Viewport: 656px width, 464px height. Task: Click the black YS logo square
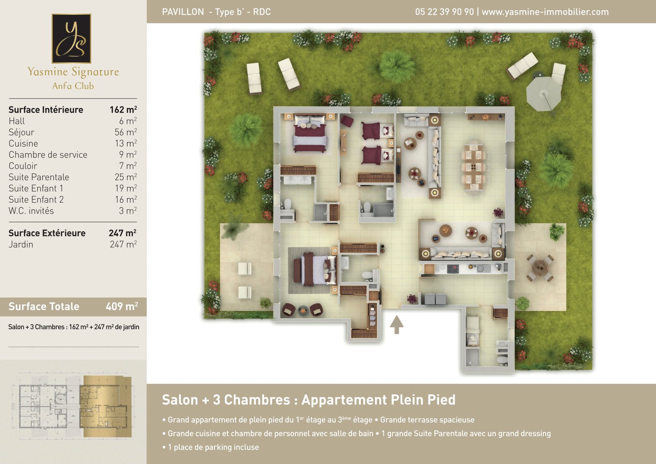[x=71, y=38]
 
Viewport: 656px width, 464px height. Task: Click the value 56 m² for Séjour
[x=125, y=132]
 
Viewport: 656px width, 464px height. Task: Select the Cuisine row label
[x=23, y=143]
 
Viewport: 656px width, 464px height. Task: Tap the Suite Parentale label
[x=39, y=177]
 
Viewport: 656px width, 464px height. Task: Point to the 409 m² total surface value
[x=121, y=306]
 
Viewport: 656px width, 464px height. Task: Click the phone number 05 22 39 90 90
[x=444, y=12]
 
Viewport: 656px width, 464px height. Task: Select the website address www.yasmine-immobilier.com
[x=545, y=12]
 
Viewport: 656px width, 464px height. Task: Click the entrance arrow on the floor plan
[x=396, y=324]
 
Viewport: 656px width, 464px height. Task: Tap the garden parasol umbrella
[x=544, y=94]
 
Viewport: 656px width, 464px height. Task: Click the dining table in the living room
[x=473, y=167]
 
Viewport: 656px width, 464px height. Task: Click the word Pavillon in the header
[x=183, y=12]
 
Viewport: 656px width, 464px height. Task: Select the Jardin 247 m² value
[x=123, y=244]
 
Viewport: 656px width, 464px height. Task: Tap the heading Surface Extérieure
[x=47, y=233]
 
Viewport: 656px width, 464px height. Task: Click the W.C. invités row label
[x=31, y=210]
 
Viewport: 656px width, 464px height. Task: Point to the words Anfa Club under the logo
[x=73, y=86]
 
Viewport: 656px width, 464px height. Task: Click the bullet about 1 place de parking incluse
[x=211, y=447]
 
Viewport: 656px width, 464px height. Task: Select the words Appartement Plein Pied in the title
[x=378, y=400]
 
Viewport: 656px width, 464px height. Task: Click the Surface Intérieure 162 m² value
[x=123, y=109]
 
